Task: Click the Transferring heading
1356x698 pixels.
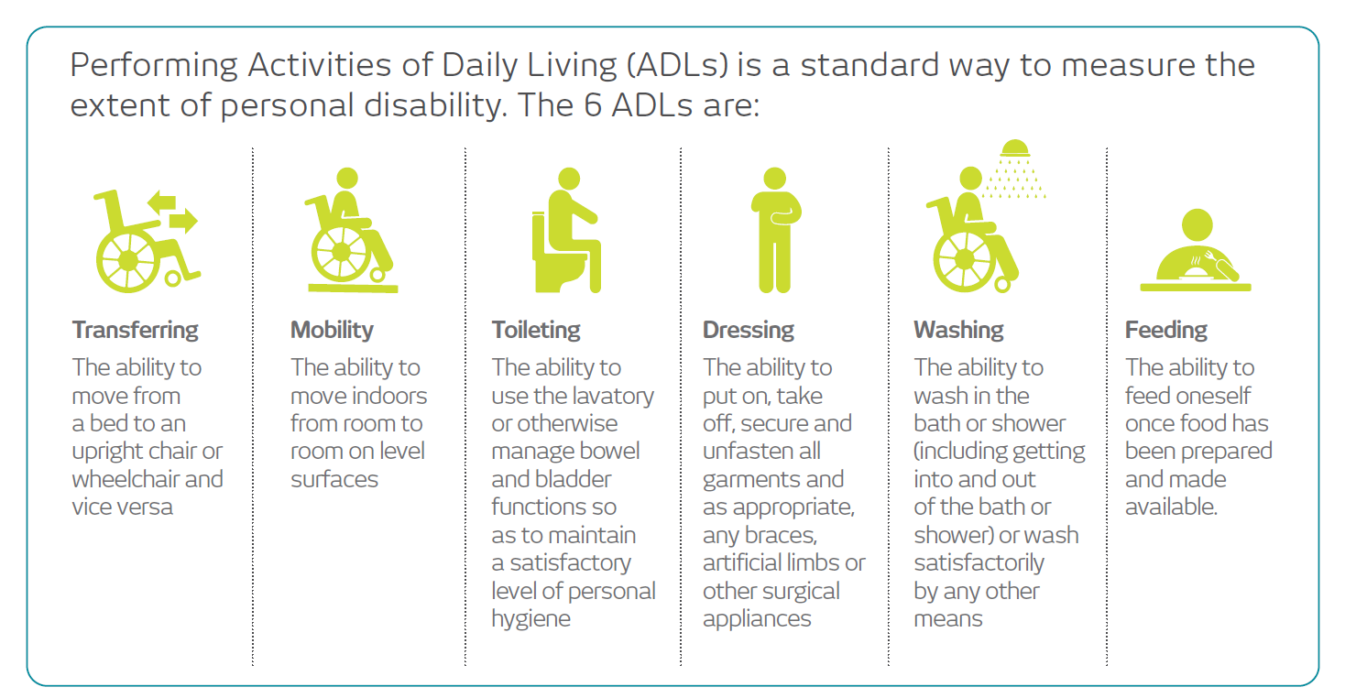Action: [135, 330]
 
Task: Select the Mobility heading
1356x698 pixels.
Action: [332, 331]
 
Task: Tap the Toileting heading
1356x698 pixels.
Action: [536, 331]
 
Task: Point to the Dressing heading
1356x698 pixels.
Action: [749, 331]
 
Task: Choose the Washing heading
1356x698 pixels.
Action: [959, 331]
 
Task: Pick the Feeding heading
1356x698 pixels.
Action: [1166, 331]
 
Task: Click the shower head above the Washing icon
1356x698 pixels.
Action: [1015, 149]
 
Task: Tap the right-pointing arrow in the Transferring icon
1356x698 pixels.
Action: [183, 221]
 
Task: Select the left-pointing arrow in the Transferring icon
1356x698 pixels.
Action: [161, 202]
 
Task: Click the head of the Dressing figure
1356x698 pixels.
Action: [775, 178]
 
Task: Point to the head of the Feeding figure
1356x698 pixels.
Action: [1197, 224]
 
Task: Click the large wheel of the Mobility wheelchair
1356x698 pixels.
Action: [341, 253]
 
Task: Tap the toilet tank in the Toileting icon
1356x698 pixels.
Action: [539, 236]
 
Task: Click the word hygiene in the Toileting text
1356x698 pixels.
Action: [530, 619]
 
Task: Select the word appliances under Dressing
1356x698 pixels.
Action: [757, 619]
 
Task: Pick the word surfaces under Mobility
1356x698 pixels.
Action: [334, 479]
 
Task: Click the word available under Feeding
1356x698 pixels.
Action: [1171, 507]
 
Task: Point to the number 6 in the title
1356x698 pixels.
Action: [593, 104]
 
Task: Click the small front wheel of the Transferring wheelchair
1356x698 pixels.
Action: [172, 278]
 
